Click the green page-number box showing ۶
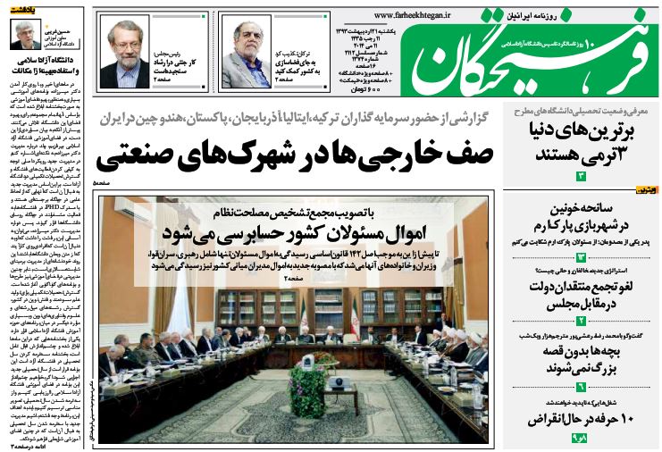click(x=580, y=387)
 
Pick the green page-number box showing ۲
click(x=580, y=320)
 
